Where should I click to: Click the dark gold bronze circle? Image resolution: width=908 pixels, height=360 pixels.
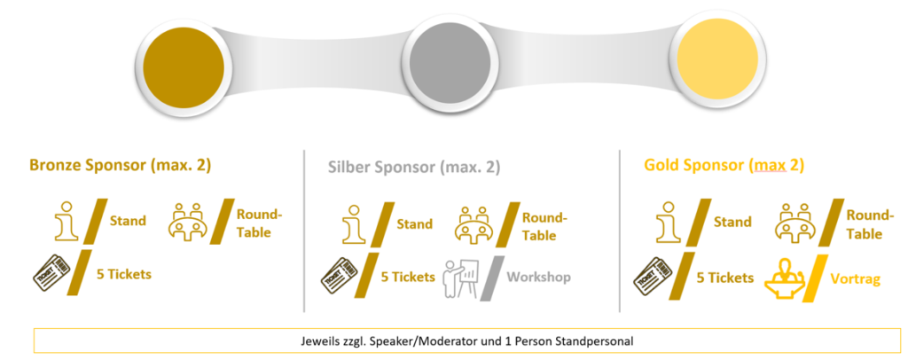tap(183, 64)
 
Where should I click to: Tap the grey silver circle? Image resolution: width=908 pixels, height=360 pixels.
tap(450, 64)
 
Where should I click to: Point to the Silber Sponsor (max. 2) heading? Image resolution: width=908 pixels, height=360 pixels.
tap(414, 168)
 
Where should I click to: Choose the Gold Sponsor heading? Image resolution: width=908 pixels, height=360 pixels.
tap(724, 166)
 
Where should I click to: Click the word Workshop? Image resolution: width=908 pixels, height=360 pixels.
tap(538, 278)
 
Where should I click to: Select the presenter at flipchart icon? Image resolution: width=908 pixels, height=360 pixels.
tap(461, 279)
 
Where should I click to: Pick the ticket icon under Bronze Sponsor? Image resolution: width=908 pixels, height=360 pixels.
tap(51, 273)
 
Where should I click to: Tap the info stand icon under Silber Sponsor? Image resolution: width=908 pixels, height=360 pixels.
tap(355, 223)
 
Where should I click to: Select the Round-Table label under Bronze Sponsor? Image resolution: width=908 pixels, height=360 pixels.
tap(259, 223)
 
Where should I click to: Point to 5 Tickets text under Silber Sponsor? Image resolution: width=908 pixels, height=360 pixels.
tap(408, 278)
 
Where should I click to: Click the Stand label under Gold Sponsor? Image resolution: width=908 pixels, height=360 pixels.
tap(732, 223)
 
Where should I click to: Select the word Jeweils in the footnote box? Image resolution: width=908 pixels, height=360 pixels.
tap(313, 340)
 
